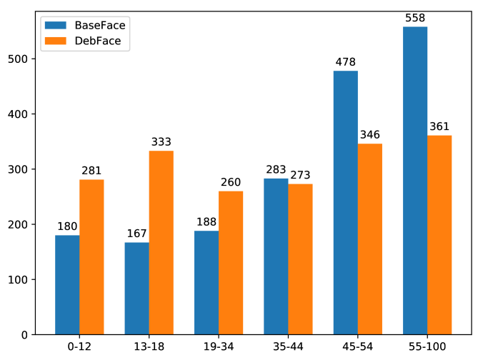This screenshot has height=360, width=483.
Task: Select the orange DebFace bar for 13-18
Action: [161, 243]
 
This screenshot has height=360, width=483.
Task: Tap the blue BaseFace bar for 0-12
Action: [67, 285]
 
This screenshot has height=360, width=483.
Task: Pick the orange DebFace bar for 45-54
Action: [370, 239]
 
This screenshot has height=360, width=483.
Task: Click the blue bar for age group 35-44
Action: [276, 256]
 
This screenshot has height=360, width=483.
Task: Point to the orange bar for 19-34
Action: [231, 263]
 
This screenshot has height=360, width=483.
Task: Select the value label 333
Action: [161, 143]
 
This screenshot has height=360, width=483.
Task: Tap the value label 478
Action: [346, 63]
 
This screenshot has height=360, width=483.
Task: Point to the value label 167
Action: [136, 234]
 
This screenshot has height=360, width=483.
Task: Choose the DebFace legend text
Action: [97, 41]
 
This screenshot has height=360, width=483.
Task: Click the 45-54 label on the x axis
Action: [358, 346]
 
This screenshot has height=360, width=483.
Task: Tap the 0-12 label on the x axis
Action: [79, 346]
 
